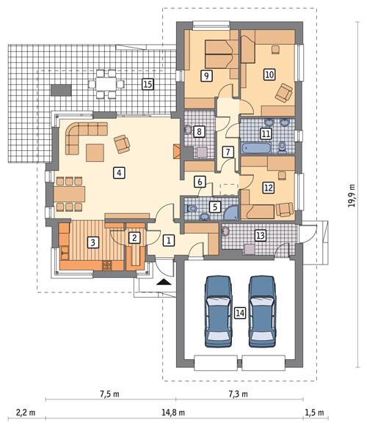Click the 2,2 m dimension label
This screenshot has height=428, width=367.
pos(23,413)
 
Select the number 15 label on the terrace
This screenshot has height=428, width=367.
pos(148,84)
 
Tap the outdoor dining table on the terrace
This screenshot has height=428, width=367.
pos(107,84)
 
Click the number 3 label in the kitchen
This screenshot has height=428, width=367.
pos(92,243)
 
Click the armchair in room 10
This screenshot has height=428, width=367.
pos(283,92)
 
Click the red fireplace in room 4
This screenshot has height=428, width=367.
pos(176,152)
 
